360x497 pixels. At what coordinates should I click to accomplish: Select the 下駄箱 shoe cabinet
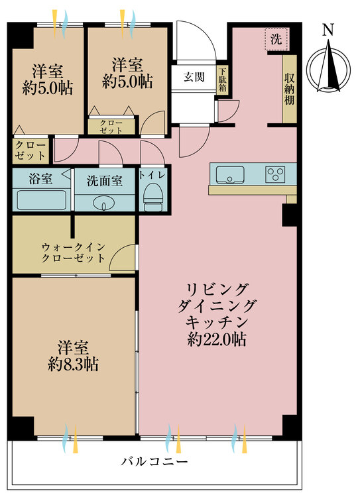[x=223, y=81]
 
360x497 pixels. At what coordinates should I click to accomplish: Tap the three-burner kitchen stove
[x=275, y=174]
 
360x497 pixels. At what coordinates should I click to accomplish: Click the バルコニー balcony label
[x=154, y=461]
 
